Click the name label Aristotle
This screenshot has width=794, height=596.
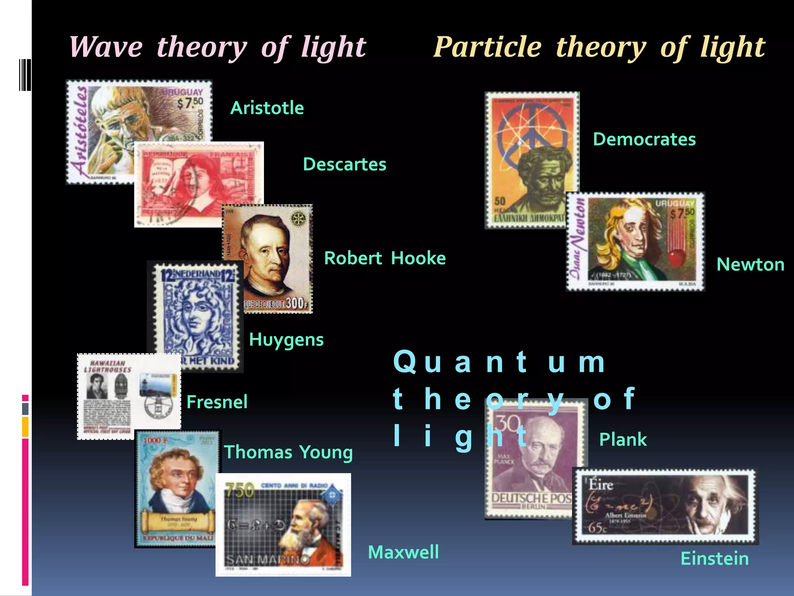(267, 108)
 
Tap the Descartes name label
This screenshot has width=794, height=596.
(344, 165)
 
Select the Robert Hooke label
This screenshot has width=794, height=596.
(385, 258)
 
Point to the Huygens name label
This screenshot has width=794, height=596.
(286, 340)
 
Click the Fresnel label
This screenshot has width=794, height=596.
(217, 402)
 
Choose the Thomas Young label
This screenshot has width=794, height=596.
(288, 452)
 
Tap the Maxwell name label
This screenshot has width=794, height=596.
(403, 552)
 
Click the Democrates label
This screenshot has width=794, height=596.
(644, 139)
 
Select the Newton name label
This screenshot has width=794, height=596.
(750, 265)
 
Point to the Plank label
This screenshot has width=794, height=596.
(623, 440)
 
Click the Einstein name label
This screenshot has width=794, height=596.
(715, 559)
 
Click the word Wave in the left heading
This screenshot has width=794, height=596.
(106, 47)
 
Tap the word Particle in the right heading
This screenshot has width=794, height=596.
(487, 47)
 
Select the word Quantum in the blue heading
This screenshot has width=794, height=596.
(499, 362)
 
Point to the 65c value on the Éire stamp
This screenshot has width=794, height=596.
(597, 528)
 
